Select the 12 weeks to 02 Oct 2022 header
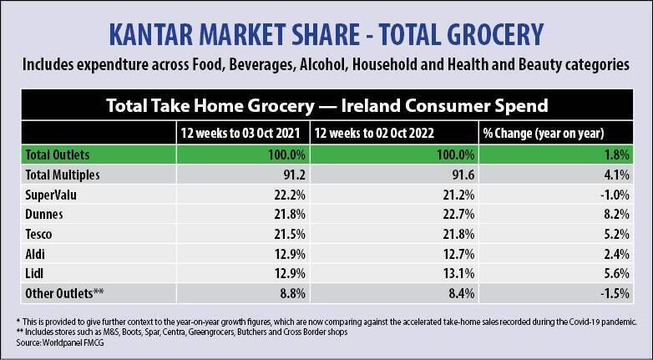coord(376,133)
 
